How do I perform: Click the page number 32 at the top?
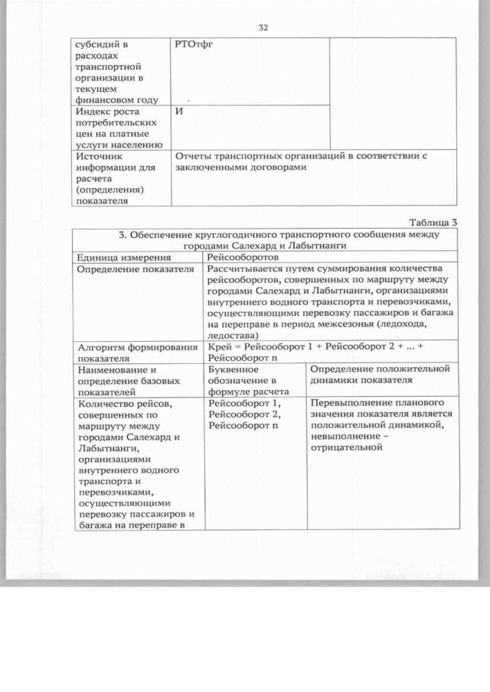(263, 28)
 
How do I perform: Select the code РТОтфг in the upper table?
(194, 45)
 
